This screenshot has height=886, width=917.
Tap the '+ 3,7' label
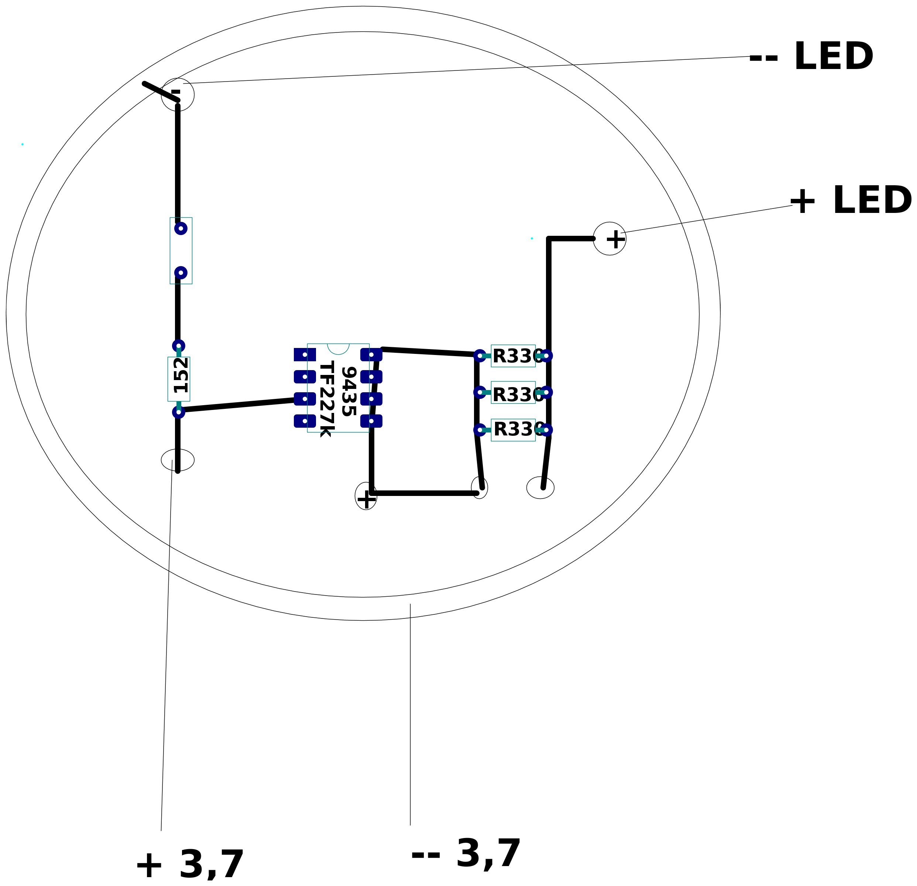[x=189, y=865]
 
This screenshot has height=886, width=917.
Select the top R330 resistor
[x=513, y=356]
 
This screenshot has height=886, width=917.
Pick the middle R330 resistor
[x=513, y=393]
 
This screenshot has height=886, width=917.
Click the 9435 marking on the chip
[x=349, y=392]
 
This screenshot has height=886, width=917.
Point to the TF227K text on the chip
[x=327, y=399]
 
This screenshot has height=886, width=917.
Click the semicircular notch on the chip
[x=338, y=348]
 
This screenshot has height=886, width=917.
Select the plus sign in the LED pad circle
[x=616, y=239]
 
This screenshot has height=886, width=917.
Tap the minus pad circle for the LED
[x=178, y=94]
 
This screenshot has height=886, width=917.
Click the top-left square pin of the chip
[x=305, y=354]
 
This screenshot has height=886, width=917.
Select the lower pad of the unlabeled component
[x=181, y=273]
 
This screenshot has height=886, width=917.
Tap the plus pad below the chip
[x=366, y=496]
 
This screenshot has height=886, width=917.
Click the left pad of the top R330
[x=480, y=356]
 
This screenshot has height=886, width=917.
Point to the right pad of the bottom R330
[x=546, y=430]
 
